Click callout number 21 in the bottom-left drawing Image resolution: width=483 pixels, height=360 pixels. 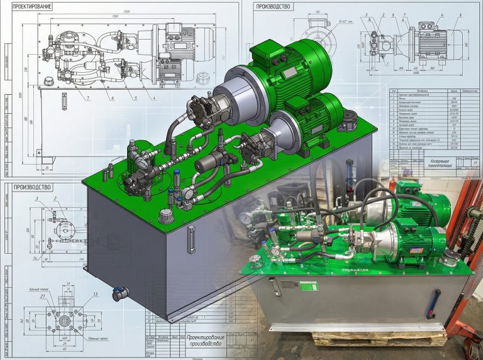pyautogui.click(x=42, y=295)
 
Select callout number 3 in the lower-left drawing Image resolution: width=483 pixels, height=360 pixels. pyautogui.click(x=37, y=199)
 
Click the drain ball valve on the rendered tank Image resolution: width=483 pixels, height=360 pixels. pyautogui.click(x=120, y=292)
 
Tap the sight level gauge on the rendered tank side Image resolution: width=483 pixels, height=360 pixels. pyautogui.click(x=191, y=240)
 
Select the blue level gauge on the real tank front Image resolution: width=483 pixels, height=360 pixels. pyautogui.click(x=430, y=305)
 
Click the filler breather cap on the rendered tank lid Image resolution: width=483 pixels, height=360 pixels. pyautogui.click(x=165, y=215)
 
